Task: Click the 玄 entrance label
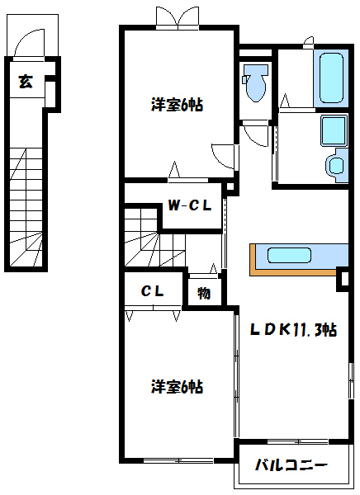coord(26,82)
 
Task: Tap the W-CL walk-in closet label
coord(189,205)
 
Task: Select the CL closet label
coord(153,290)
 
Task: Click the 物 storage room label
coord(204,293)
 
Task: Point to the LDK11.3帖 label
coord(293,330)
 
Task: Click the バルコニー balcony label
coord(291,465)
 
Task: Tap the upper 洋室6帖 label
coord(177,105)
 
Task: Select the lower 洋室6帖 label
coord(177,387)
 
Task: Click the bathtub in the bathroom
coord(331,78)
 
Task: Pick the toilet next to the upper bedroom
coord(255,82)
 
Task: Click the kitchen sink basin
coord(289,255)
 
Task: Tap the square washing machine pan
coord(334,131)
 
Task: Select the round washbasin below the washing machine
coord(337,165)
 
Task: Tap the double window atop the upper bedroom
coord(178,18)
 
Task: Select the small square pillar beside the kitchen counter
coord(343,279)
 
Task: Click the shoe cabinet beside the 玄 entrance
coord(50,94)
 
